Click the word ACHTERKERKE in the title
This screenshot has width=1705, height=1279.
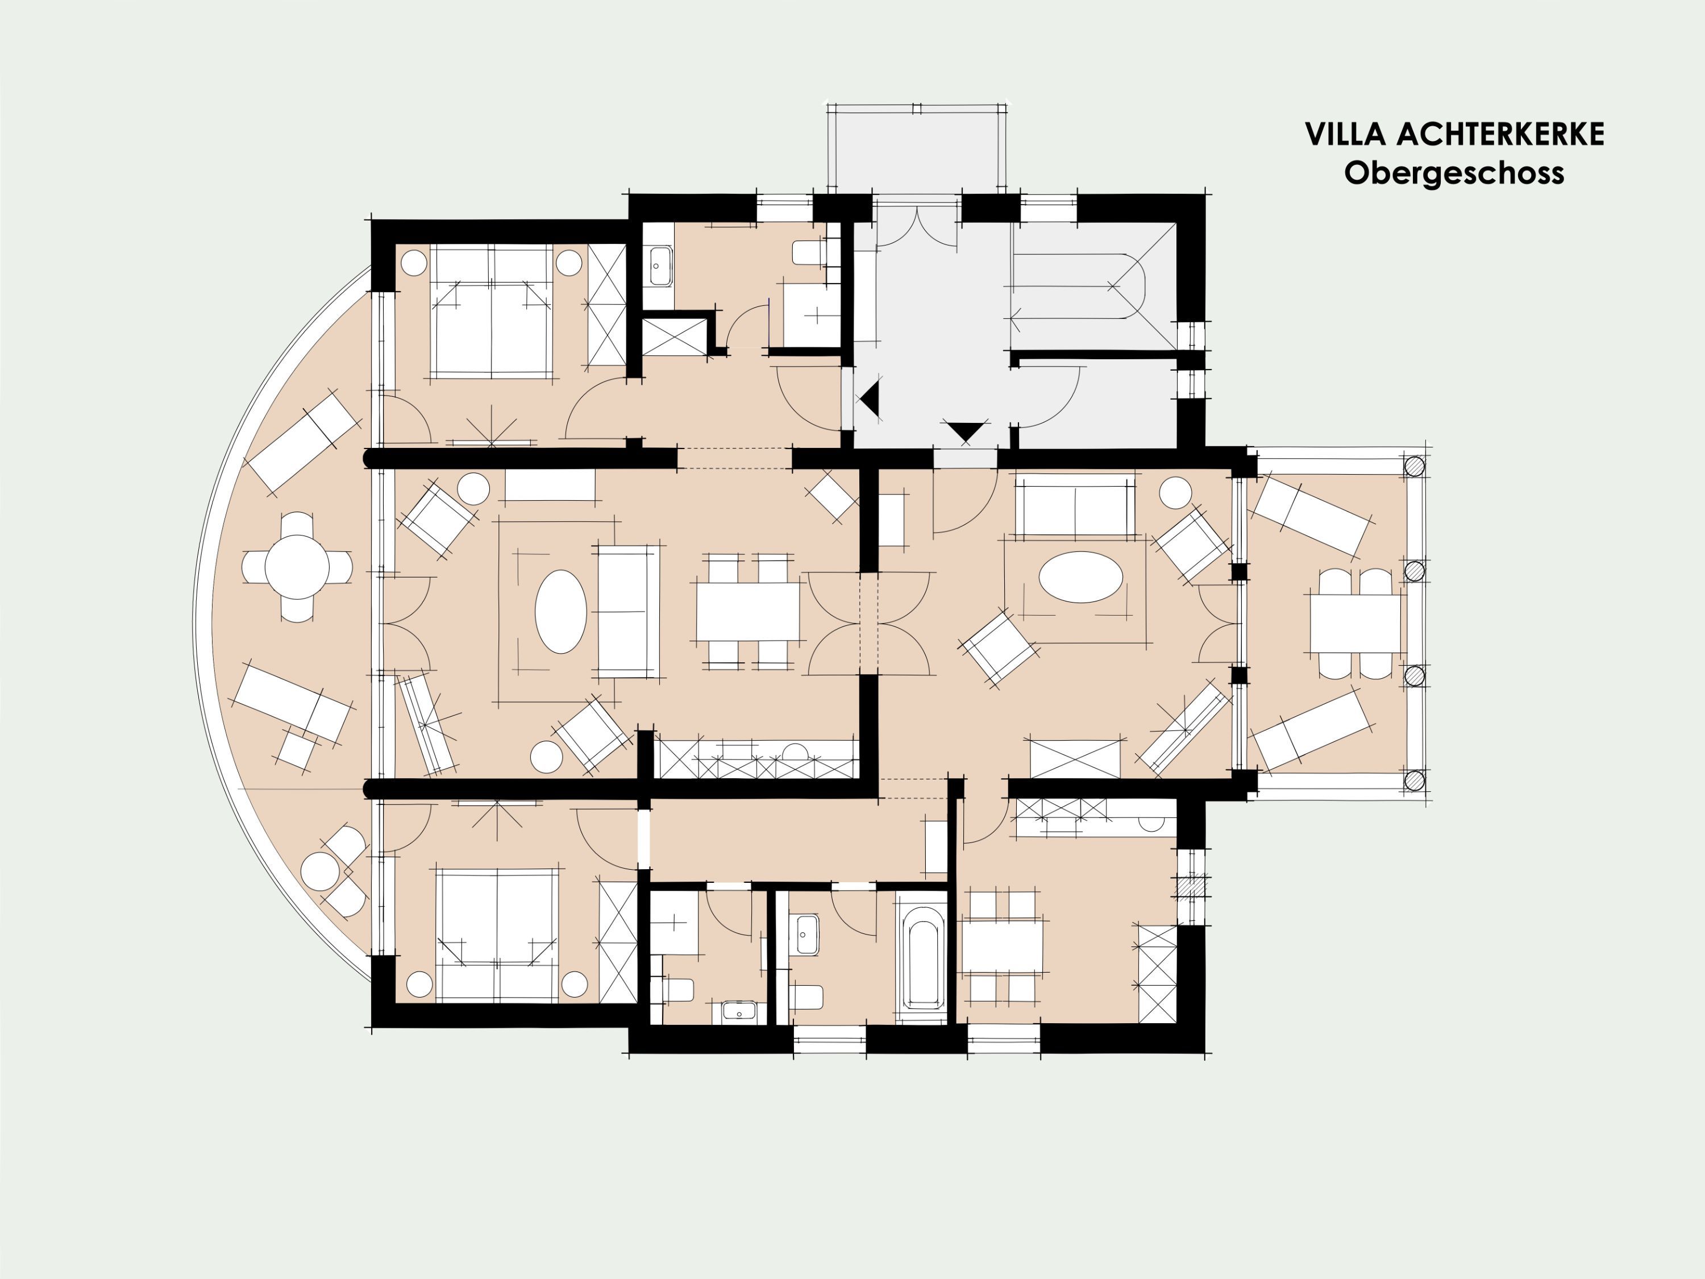tap(1500, 134)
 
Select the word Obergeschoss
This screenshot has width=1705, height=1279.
tap(1454, 173)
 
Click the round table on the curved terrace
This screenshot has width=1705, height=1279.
tap(297, 567)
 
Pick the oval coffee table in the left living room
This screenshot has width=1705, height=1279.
tap(561, 611)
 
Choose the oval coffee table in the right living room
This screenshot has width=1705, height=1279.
tap(1080, 576)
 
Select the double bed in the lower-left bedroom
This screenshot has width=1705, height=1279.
tap(497, 935)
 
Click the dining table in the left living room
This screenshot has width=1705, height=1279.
tap(748, 611)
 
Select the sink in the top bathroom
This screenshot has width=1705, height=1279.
tap(659, 266)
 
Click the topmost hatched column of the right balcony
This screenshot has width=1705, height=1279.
tap(1415, 467)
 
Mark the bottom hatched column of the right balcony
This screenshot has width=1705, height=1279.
tap(1415, 780)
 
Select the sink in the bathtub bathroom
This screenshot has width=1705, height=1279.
tap(807, 935)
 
